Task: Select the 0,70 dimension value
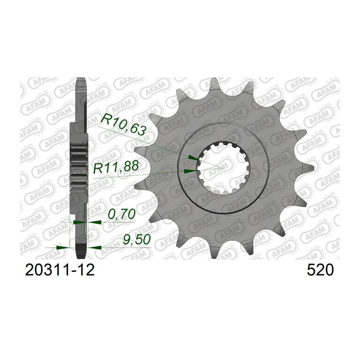[x=121, y=214]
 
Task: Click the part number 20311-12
[x=60, y=270]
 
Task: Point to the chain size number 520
[x=320, y=270]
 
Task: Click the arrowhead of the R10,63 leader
[x=193, y=158]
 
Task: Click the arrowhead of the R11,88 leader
[x=190, y=171]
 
